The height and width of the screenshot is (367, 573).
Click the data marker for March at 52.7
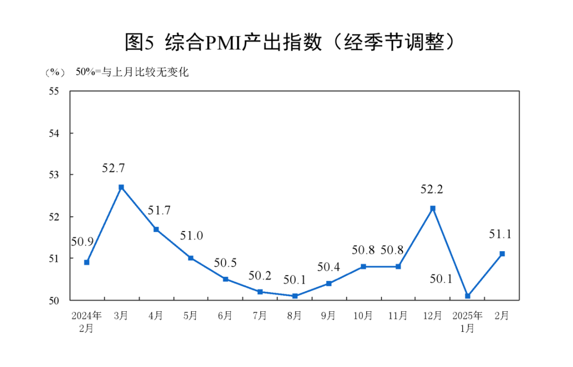121,187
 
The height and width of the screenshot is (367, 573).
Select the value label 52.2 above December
432,190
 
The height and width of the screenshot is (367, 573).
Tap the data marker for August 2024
294,296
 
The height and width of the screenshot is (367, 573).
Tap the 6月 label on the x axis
225,316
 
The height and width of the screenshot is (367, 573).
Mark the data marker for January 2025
467,296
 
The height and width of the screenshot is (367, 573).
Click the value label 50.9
82,242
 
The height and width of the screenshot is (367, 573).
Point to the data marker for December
433,208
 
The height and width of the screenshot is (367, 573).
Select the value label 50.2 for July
260,276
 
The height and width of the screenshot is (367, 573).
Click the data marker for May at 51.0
190,258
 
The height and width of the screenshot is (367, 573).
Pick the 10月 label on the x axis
363,316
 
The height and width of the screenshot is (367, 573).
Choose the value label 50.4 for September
329,267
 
